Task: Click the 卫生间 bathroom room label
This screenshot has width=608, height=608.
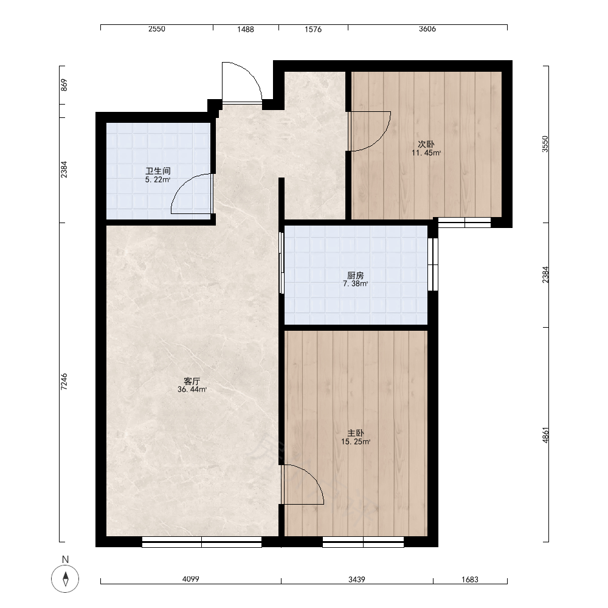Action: point(158,171)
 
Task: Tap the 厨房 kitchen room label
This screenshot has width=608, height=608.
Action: point(355,275)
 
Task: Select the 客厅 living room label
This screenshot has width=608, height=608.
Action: point(192,381)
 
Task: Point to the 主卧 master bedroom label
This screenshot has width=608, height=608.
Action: point(356,433)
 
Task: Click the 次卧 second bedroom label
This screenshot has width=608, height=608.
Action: point(426,144)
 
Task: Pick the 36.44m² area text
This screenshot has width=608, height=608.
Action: point(192,390)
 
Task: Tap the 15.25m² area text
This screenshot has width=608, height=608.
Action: point(356,441)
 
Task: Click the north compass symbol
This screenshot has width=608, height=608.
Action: point(65,579)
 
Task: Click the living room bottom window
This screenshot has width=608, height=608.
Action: point(202,542)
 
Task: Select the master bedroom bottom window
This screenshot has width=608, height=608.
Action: point(363,542)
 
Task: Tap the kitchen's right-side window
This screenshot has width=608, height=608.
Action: point(433,264)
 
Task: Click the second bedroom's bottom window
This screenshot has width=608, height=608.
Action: point(465,222)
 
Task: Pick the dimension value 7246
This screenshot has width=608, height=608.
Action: point(64,382)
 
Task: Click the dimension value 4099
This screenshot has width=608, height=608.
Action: point(191,579)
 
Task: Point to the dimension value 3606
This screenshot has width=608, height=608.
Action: point(427,29)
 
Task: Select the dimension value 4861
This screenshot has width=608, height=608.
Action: point(545,435)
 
